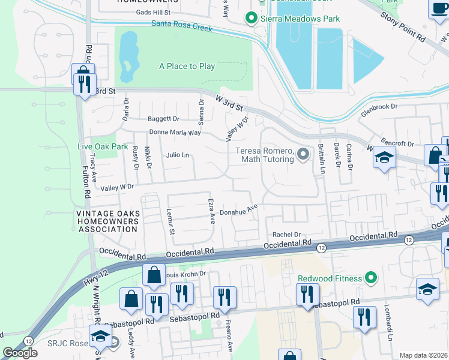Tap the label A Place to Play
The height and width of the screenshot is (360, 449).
(x=187, y=67)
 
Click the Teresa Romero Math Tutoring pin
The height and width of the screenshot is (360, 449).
(x=303, y=155)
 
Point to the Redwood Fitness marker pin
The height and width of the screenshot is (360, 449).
(x=371, y=278)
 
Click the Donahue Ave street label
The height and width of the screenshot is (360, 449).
(x=238, y=211)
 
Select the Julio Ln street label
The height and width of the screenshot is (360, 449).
(x=178, y=155)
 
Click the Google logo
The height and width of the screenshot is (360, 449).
(x=20, y=353)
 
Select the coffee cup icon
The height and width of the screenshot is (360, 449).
(x=439, y=9)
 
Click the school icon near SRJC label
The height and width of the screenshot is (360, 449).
(x=100, y=335)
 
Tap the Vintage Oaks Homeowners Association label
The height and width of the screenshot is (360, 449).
(x=107, y=221)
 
